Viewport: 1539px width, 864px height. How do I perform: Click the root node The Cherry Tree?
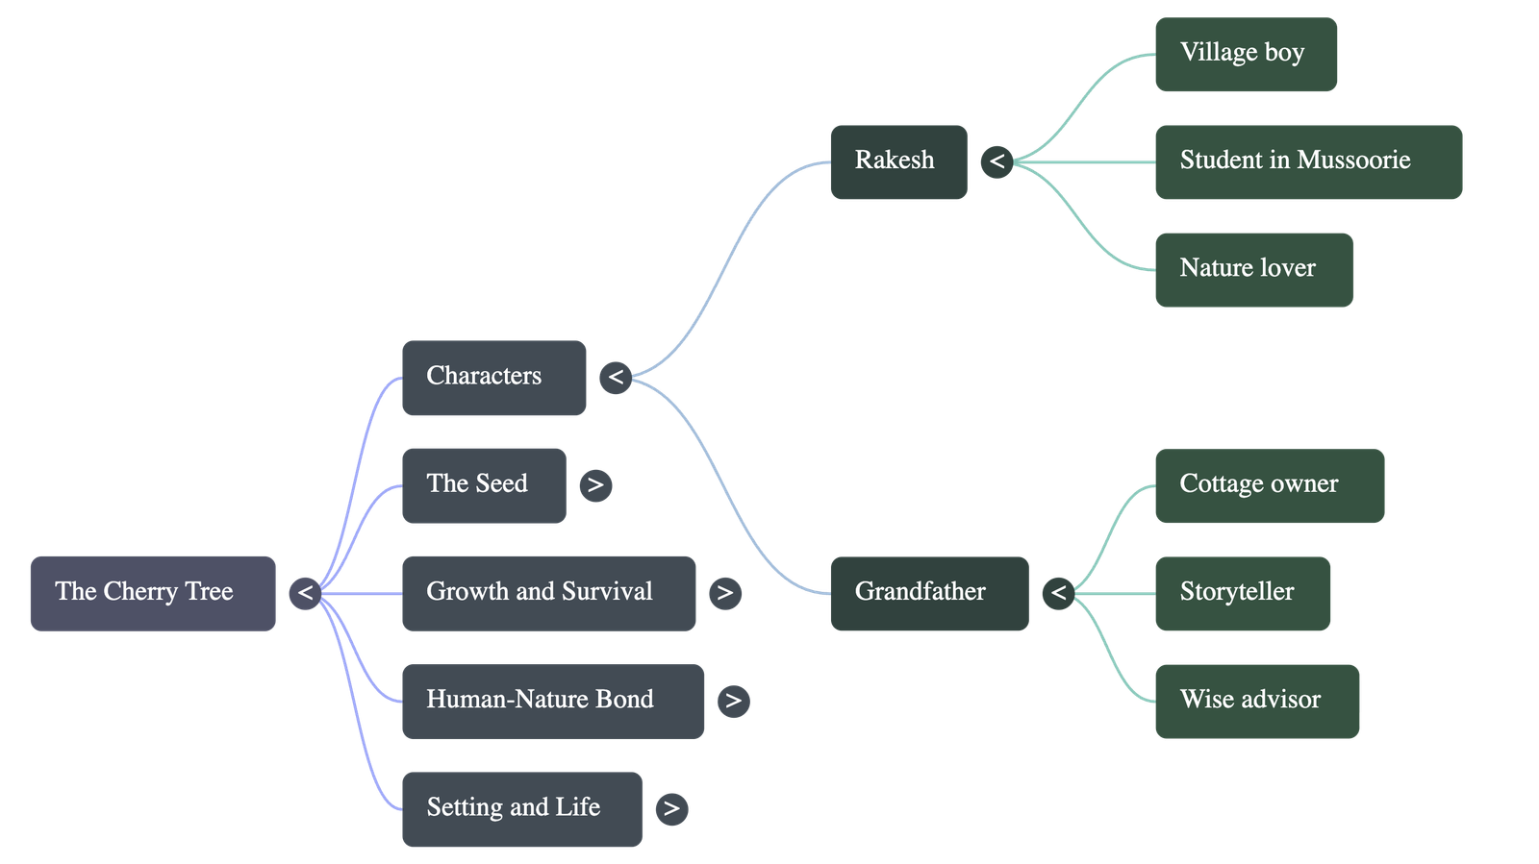tap(153, 593)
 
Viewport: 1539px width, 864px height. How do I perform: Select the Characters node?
tap(493, 378)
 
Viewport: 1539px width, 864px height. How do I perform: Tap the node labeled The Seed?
tap(483, 485)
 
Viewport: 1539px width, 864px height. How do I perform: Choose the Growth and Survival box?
tap(548, 593)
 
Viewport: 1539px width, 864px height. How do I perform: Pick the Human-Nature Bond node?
tap(552, 701)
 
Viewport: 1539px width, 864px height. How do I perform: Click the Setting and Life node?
tap(521, 808)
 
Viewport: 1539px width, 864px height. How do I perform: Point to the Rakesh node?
tap(898, 161)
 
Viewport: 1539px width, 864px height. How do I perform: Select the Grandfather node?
tap(928, 593)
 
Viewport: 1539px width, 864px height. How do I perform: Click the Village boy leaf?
tap(1246, 54)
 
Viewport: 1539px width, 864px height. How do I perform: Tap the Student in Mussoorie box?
tap(1308, 161)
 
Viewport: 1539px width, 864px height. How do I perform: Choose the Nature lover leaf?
tap(1253, 269)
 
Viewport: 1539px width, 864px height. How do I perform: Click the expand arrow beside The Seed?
tap(595, 485)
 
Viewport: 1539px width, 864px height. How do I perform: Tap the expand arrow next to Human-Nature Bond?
tap(734, 701)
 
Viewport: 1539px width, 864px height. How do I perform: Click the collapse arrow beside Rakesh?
tap(997, 161)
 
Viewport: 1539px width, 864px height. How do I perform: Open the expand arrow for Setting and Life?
tap(671, 808)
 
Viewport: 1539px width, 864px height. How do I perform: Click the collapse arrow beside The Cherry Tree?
tap(305, 593)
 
